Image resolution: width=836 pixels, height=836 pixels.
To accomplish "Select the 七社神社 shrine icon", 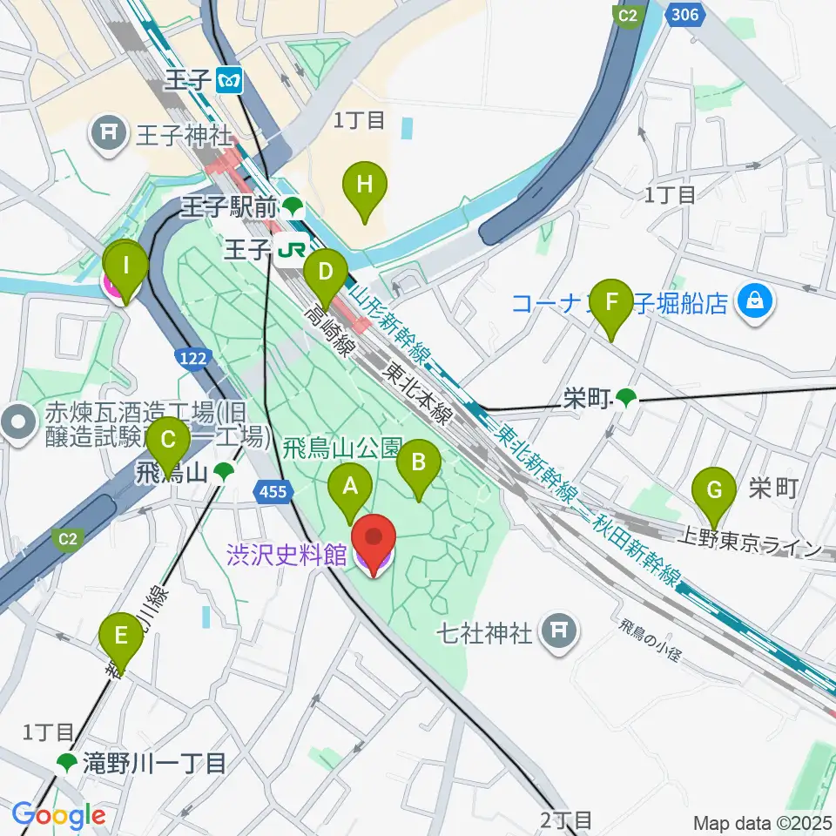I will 556,630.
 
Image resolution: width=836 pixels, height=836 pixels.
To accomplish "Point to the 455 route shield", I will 273,493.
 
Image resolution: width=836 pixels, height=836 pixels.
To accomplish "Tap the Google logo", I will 58,816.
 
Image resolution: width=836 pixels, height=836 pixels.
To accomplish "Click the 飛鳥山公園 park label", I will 341,448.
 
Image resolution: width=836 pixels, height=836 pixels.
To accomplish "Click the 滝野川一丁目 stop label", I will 155,764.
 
